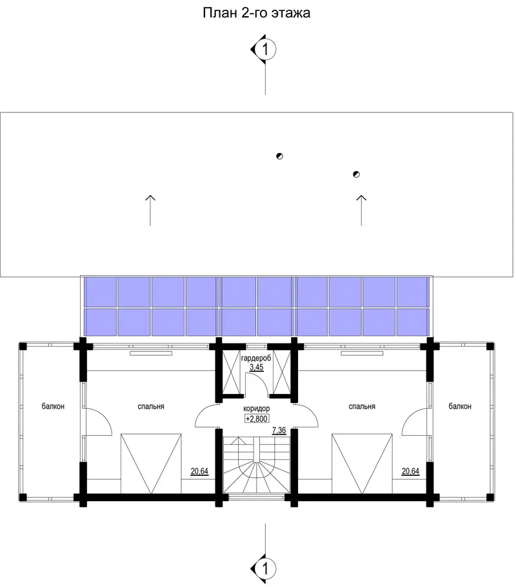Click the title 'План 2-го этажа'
click(x=257, y=13)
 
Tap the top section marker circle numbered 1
click(x=266, y=49)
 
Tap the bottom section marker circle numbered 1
click(x=266, y=569)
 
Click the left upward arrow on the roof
click(x=150, y=211)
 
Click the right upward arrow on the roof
click(x=361, y=211)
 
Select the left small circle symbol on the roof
click(x=279, y=156)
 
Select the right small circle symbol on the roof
click(x=356, y=174)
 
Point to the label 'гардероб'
click(x=256, y=358)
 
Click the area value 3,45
click(x=257, y=367)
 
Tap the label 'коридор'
click(x=257, y=409)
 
